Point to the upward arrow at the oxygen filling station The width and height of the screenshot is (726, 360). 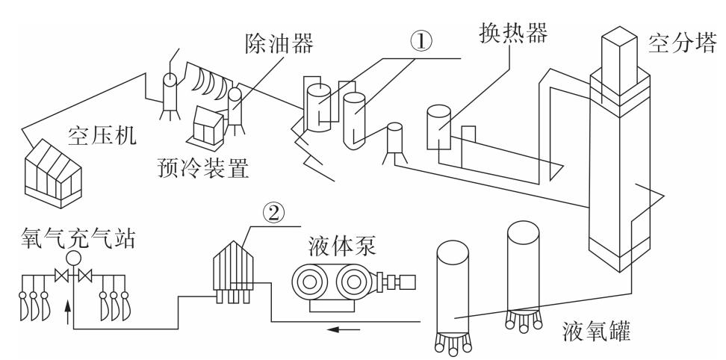click(x=69, y=308)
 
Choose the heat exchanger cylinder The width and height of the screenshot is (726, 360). click(x=440, y=128)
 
